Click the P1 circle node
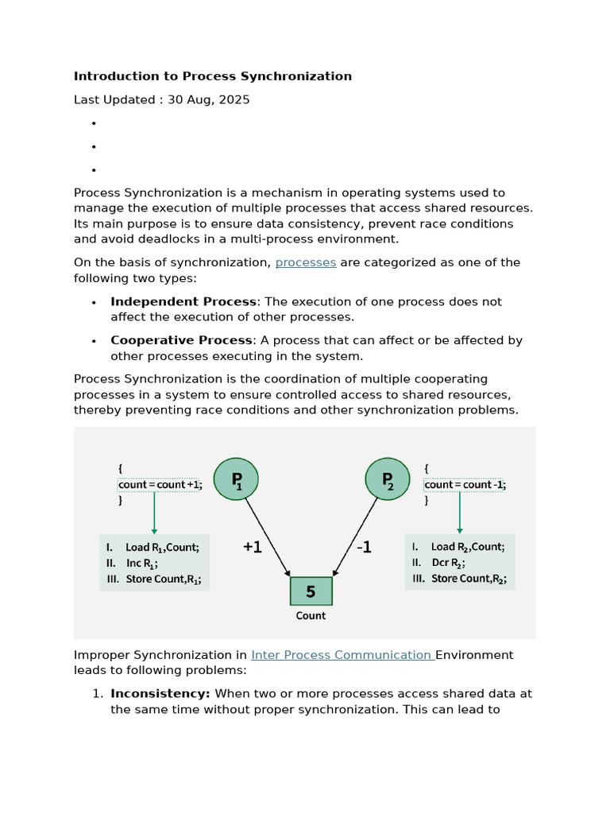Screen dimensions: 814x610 pos(236,480)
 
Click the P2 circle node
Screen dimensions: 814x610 pos(388,480)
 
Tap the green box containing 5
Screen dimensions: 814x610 pos(311,591)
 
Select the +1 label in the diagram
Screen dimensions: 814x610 pos(252,547)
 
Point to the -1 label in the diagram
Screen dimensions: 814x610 pos(363,547)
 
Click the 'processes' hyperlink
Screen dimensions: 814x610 pos(306,262)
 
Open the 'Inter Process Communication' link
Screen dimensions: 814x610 pos(342,655)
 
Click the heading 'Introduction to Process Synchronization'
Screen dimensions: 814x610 pos(213,76)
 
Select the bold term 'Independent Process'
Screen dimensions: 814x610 pos(183,302)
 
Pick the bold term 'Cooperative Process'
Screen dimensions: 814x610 pos(181,340)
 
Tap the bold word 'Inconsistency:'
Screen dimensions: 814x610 pos(160,694)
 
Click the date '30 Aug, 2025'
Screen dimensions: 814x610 pos(208,100)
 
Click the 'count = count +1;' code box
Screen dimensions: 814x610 pos(160,485)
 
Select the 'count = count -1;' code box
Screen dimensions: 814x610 pos(465,485)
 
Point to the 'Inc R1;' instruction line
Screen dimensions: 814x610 pos(141,563)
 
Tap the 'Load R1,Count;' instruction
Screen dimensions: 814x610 pos(162,547)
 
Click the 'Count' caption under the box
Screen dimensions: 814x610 pos(311,615)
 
